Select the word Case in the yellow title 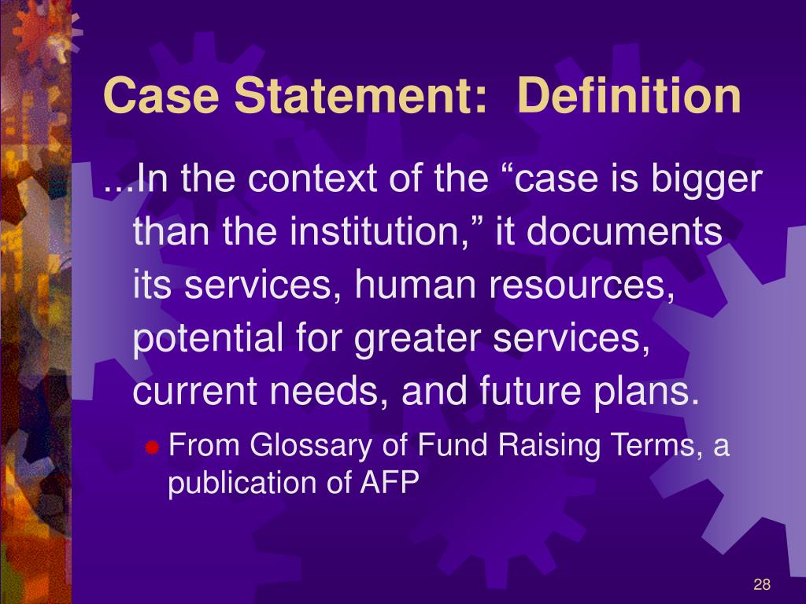pos(161,97)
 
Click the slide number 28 pos(761,584)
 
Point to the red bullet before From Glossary pos(153,448)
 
